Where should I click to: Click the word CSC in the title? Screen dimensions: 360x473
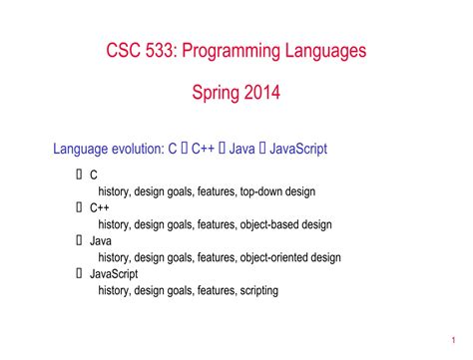(125, 50)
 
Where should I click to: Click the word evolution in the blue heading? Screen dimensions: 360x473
(137, 149)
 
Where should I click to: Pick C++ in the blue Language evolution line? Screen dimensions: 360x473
(205, 149)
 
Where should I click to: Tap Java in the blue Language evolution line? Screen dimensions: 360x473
(243, 149)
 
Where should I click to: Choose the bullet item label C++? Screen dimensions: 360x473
(99, 207)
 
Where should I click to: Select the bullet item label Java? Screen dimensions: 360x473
(102, 240)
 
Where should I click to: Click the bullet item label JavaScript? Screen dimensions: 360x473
(113, 273)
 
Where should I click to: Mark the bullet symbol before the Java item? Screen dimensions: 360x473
(79, 240)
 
